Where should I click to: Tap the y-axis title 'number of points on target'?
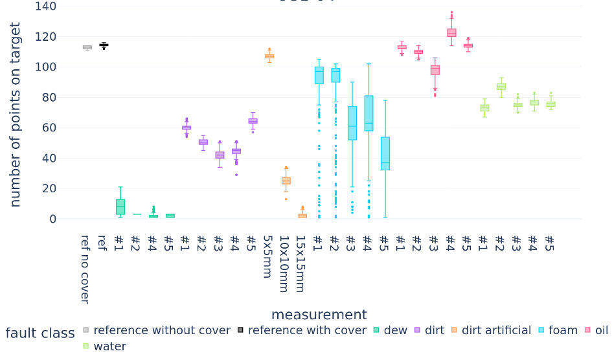point(16,115)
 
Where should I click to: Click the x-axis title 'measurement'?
point(319,315)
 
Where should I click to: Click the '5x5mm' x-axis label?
point(267,256)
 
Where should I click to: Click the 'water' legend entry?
point(109,346)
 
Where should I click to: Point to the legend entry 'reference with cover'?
point(307,330)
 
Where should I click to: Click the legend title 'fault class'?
point(40,333)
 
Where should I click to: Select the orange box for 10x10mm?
point(286,181)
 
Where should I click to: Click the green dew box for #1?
point(120,207)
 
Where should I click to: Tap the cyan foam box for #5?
point(385,153)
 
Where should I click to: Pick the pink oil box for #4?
point(451,32)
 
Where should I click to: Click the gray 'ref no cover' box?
point(87,47)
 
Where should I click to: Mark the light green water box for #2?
point(501,87)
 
